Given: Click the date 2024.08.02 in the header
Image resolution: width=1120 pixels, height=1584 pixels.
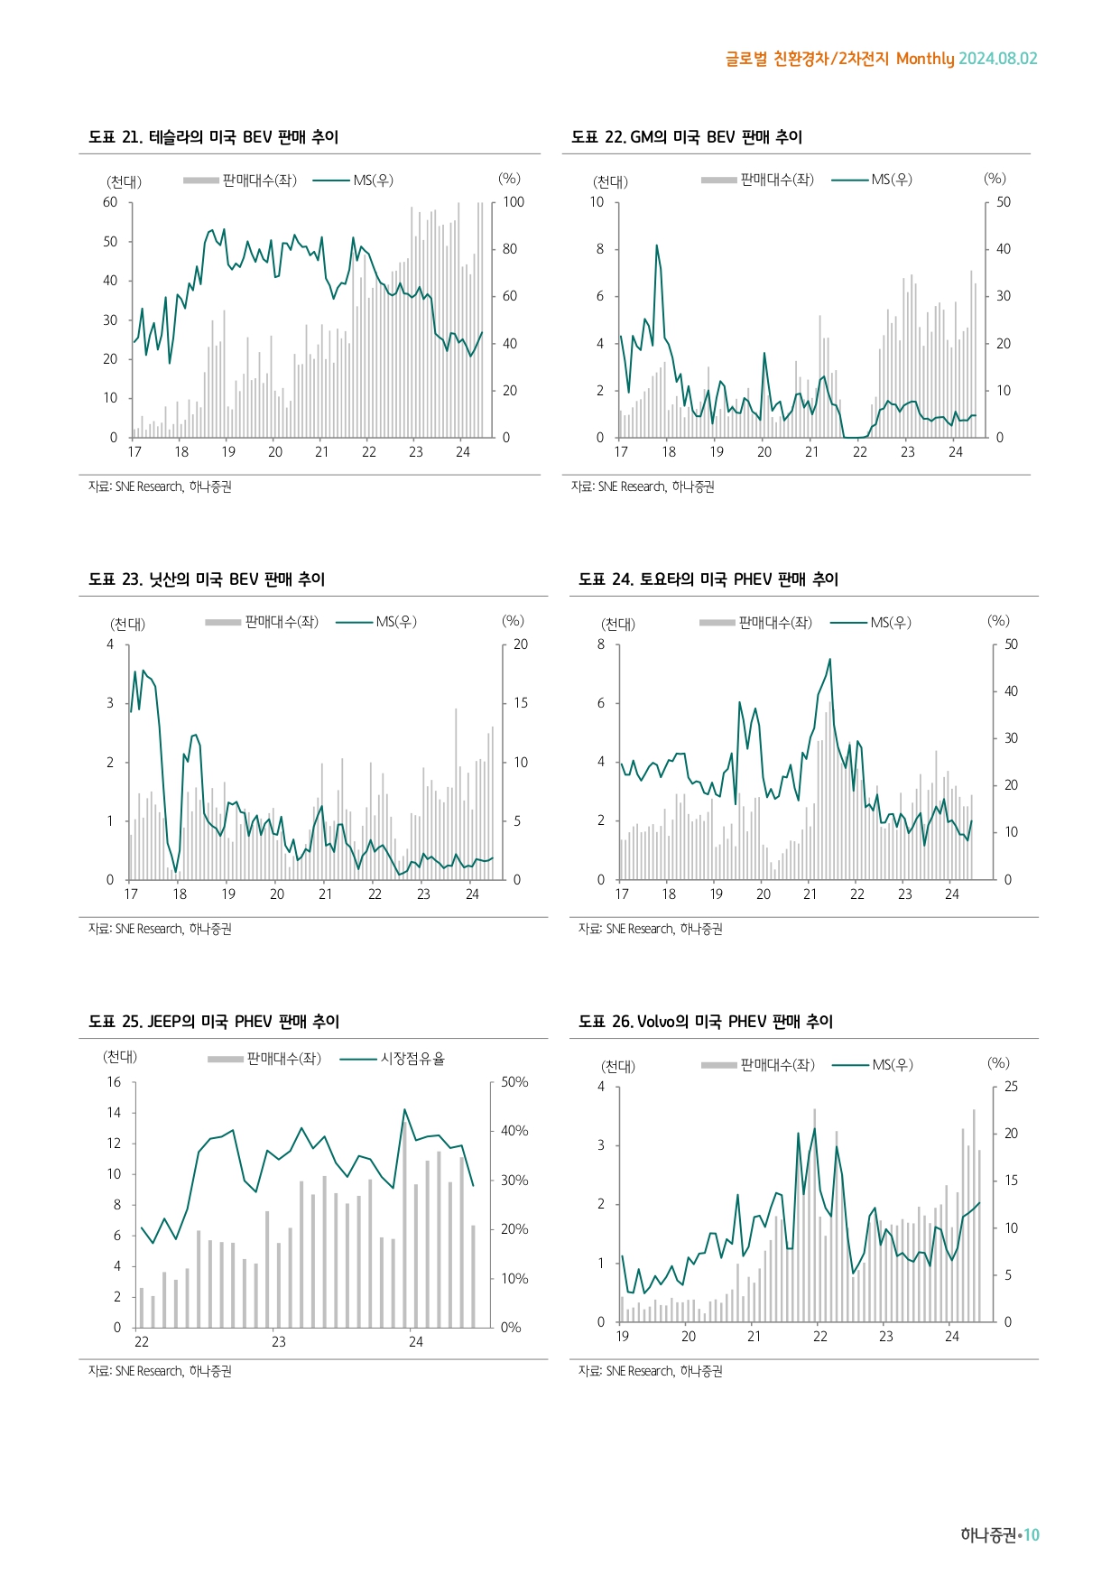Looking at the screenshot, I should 997,59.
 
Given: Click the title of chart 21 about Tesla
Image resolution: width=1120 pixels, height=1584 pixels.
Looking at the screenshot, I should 213,137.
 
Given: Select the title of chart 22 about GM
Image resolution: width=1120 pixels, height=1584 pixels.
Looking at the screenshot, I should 686,137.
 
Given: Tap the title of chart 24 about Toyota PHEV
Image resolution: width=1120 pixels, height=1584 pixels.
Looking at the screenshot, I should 708,579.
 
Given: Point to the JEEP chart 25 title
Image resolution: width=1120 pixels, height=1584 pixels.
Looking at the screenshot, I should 213,1022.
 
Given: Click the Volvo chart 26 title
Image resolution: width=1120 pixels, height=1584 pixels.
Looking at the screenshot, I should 705,1022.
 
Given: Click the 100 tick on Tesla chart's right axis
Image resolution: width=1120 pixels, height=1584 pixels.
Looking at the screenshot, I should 513,202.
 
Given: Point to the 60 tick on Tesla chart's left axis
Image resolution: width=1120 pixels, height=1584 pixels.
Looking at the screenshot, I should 110,202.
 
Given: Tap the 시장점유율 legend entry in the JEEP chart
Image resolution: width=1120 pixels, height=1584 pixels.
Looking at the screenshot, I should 412,1059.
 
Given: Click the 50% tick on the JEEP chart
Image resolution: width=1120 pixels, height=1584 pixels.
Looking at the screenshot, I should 514,1082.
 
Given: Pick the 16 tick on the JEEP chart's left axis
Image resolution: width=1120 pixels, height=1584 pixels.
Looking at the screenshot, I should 114,1082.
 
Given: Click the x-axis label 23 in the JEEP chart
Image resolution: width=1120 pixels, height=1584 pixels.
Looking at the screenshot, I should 279,1342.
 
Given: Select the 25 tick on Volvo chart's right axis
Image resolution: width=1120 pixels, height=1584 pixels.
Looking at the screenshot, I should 1011,1087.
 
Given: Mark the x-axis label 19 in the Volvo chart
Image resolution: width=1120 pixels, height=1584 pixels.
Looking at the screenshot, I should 623,1337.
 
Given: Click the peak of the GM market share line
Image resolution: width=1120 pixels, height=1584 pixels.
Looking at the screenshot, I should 657,245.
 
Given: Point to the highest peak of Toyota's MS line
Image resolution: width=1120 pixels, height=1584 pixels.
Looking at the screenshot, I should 829,660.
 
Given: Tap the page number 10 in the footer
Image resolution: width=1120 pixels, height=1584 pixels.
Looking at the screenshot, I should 1032,1535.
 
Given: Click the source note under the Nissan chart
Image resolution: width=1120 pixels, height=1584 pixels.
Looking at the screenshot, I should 160,929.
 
